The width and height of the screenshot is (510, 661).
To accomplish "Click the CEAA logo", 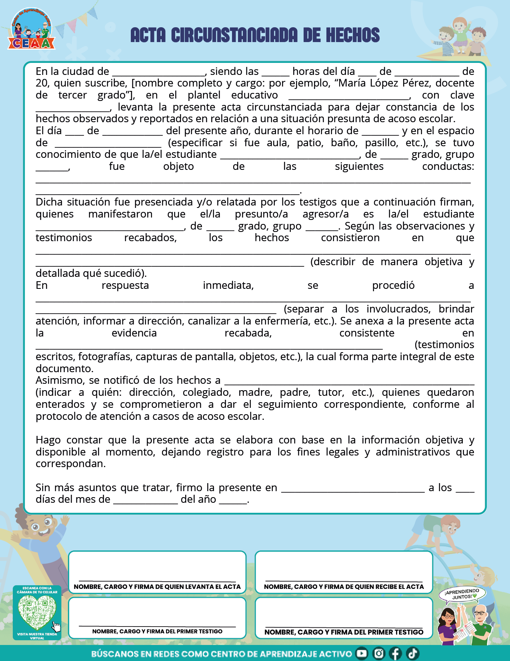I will (31, 30).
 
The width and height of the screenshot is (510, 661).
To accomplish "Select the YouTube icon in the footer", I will (362, 653).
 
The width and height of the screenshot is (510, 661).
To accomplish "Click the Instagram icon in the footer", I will (378, 653).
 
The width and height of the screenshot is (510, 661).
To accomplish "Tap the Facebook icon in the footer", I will (395, 653).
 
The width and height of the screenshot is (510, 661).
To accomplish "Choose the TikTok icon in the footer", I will (412, 653).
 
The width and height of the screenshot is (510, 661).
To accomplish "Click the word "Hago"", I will (48, 440).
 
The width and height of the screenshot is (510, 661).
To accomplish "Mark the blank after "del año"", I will (233, 500).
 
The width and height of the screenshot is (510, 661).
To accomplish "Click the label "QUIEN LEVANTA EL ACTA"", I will (202, 587).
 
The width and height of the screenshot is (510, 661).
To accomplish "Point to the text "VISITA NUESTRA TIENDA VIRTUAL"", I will (37, 636).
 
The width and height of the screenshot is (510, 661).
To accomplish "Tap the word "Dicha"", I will (50, 202).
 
